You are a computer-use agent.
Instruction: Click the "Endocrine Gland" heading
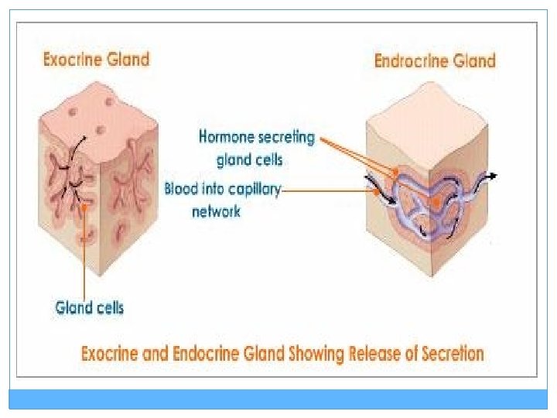click(x=435, y=60)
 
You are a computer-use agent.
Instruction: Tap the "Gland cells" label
click(x=89, y=307)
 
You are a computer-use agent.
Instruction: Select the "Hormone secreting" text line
click(x=257, y=138)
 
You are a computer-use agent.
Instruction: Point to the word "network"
click(x=216, y=211)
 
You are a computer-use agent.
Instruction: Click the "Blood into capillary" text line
click(x=224, y=188)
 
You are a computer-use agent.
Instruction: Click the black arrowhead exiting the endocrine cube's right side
click(x=492, y=176)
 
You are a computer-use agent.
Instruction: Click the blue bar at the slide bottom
click(x=278, y=399)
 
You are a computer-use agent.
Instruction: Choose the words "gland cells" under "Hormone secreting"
click(x=249, y=159)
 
